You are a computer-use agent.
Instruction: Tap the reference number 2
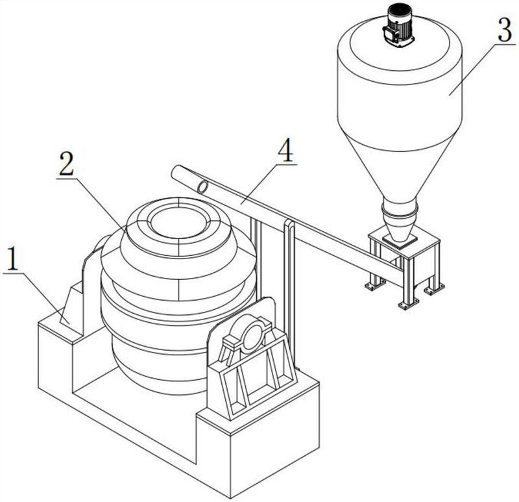coord(67,164)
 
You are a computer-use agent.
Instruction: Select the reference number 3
coord(505,31)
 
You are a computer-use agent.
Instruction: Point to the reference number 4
coord(285,150)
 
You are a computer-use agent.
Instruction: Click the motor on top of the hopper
coord(398,28)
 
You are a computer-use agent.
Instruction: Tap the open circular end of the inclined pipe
coord(203,187)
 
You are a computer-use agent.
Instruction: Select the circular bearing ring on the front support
coord(252,333)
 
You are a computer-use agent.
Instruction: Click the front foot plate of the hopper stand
coord(409,305)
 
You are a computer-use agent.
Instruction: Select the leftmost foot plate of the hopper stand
coord(375,285)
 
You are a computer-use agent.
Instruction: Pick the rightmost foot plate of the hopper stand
coord(434,288)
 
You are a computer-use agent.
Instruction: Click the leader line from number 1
coord(42,298)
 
